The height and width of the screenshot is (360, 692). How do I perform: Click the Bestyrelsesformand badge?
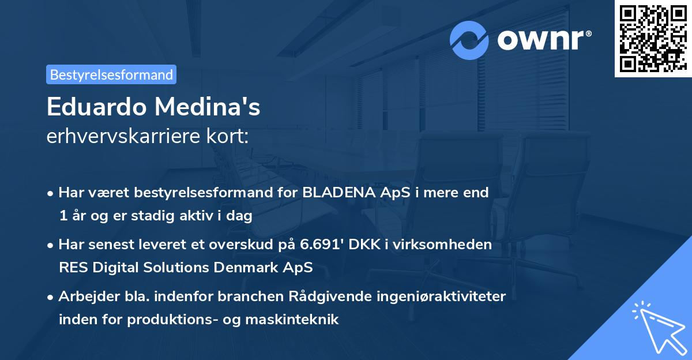(x=111, y=74)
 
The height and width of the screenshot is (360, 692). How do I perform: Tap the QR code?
(x=653, y=38)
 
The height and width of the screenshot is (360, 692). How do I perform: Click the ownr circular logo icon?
(x=470, y=40)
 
